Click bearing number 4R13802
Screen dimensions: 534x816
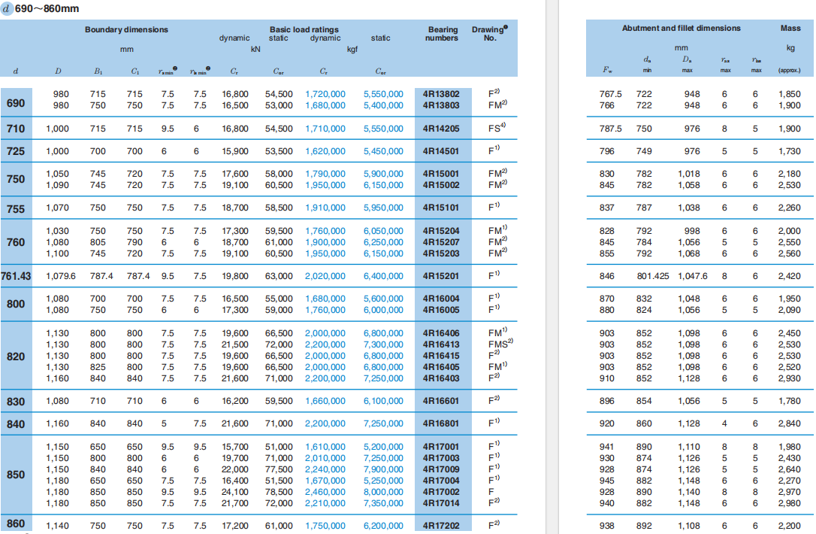tap(441, 94)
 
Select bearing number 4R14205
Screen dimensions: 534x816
tap(441, 129)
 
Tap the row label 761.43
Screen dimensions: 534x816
tap(16, 276)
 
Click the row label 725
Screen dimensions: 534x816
tap(16, 151)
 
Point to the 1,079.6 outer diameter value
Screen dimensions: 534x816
tap(60, 276)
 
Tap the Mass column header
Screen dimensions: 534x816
tap(790, 28)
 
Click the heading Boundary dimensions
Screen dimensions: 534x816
tap(126, 29)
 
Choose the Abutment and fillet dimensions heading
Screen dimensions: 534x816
tap(681, 28)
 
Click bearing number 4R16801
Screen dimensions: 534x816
tap(441, 424)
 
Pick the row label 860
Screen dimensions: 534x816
tap(16, 524)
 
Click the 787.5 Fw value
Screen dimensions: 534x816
tap(610, 129)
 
